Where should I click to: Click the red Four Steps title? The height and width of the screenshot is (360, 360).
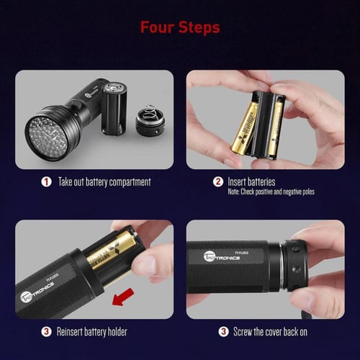coord(180,27)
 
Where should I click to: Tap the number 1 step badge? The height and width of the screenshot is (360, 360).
coord(46,181)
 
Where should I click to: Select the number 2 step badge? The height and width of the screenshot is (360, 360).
coord(218,181)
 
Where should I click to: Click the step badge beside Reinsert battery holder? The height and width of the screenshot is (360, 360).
coord(46,332)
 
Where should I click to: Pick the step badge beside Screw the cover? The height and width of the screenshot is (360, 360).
coord(223,332)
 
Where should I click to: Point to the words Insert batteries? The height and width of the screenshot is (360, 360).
coord(251,181)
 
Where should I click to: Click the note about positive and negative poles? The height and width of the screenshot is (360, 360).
coord(271,192)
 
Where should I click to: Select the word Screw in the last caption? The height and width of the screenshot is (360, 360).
coord(243,332)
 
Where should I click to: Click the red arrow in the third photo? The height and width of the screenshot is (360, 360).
coord(123,297)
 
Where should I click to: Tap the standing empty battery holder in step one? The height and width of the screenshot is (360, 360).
coord(114,109)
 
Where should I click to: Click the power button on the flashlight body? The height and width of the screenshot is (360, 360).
coord(76,105)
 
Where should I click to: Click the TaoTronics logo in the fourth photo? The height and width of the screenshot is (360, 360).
coord(222,257)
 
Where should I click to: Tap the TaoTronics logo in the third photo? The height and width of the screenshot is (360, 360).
coord(37,292)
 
